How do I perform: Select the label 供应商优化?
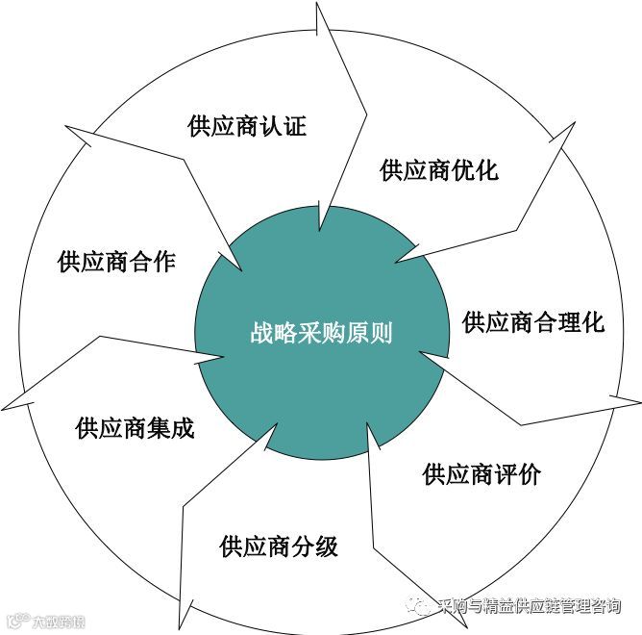click(439, 170)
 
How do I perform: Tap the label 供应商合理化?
click(533, 321)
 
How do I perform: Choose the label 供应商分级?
click(279, 547)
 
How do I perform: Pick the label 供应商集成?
click(136, 427)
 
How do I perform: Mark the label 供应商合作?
click(116, 260)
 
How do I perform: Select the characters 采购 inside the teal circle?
click(319, 334)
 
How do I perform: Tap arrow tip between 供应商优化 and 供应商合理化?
click(397, 263)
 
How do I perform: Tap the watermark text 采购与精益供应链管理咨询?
click(528, 606)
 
